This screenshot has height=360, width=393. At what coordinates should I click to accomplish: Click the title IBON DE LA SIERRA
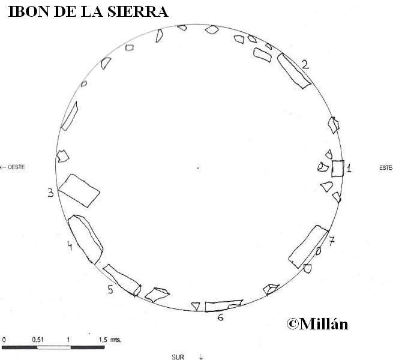pos(88,11)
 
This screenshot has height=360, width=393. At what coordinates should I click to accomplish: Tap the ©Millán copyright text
pos(317,323)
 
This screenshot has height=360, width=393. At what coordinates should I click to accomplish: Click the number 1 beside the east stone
pos(349,168)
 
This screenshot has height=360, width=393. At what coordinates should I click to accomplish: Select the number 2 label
pos(305,64)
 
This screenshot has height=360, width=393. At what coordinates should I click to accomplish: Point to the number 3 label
pos(51,193)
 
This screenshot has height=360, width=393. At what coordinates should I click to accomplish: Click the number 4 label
pos(70,245)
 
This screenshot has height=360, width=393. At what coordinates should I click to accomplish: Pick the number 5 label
pos(110,289)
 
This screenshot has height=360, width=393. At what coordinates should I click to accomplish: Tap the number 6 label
pos(221,317)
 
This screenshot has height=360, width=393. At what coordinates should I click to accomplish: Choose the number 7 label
pos(332,241)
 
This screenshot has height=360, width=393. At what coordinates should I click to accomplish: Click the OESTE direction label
pos(16,167)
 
